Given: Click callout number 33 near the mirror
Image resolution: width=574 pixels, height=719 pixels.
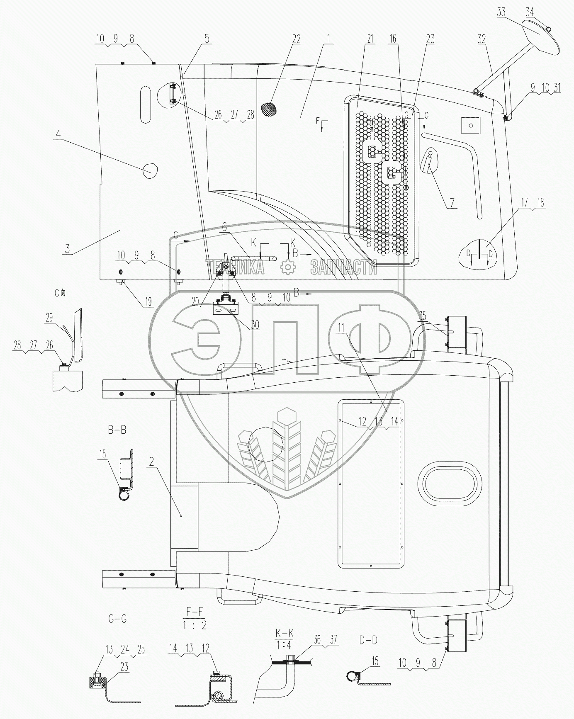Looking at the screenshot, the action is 501,12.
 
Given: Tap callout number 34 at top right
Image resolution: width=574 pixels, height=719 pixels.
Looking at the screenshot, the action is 530,12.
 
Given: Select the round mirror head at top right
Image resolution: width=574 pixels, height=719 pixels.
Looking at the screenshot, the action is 542,40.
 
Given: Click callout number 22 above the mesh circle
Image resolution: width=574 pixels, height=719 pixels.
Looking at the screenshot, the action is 296,39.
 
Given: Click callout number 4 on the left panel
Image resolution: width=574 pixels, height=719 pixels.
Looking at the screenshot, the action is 58,134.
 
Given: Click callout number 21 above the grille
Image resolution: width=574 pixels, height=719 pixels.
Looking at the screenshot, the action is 370,39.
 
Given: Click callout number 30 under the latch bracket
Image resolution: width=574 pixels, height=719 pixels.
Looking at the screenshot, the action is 255,324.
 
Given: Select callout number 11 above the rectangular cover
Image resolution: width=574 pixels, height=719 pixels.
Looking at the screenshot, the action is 341,328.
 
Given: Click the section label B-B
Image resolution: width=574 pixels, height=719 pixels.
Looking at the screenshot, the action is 117,430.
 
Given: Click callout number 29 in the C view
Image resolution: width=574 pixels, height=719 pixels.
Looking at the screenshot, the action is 49,318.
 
